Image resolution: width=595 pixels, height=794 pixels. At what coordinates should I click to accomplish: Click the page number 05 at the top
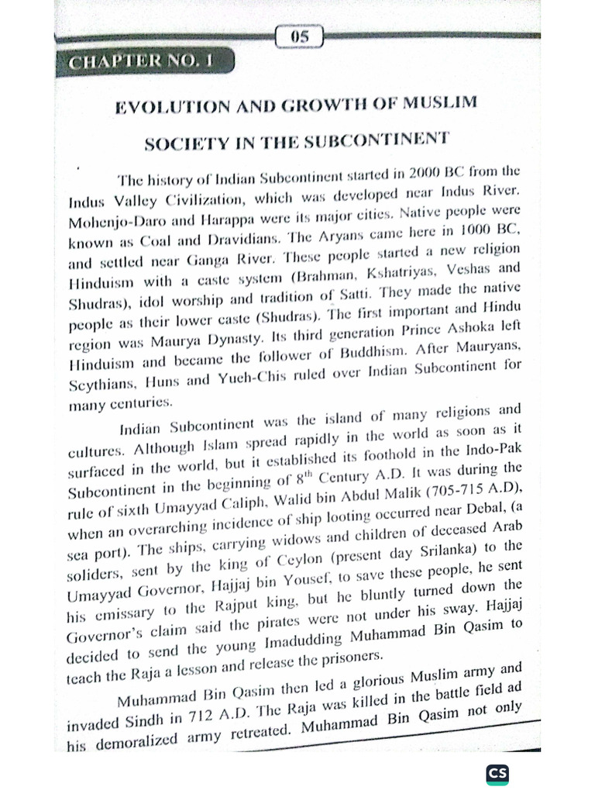pos(300,36)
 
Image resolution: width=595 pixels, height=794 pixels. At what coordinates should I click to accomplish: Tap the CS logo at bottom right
pos(496,773)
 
